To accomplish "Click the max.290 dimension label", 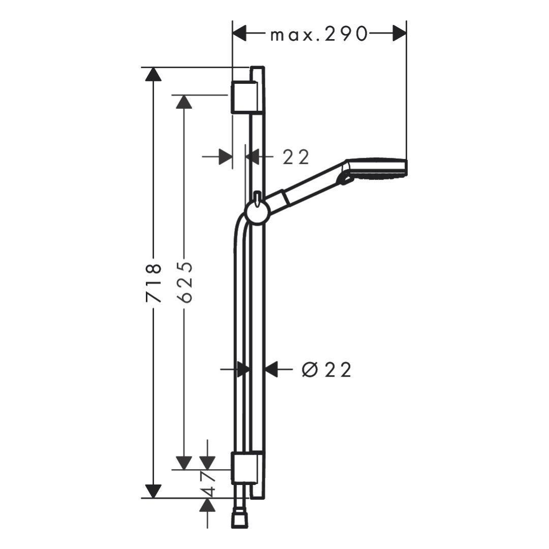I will point(319,35).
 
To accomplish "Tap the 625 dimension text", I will point(185,283).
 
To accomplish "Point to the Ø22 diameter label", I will point(326,370).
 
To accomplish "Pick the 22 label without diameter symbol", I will point(296,157).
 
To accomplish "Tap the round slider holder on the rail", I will point(257,212).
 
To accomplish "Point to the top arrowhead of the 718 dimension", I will point(153,74).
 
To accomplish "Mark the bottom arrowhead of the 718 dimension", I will point(153,491).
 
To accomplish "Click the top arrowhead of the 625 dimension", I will point(184,101).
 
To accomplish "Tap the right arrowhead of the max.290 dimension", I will point(399,34).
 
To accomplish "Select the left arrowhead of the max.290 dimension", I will point(240,34).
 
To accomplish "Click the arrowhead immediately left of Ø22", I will point(271,370).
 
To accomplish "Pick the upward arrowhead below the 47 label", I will point(207,506).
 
